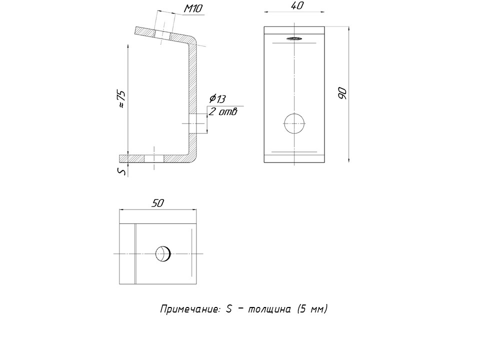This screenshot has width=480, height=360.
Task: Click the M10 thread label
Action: click(x=193, y=8)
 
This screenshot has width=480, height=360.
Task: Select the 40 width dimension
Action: click(x=296, y=5)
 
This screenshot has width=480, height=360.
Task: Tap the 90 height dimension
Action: click(x=342, y=93)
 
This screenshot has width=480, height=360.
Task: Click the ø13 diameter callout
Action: click(x=217, y=98)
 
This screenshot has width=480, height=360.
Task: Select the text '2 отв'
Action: click(x=223, y=111)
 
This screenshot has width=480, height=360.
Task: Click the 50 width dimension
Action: click(x=157, y=203)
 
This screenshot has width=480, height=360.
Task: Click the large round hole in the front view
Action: click(x=294, y=123)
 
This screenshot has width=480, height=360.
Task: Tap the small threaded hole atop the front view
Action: click(x=294, y=38)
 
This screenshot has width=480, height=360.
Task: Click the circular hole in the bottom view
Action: click(x=163, y=254)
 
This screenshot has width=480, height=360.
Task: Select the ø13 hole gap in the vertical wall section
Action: click(x=193, y=123)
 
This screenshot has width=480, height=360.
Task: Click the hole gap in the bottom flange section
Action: click(x=154, y=158)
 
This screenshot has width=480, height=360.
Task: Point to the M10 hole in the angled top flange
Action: click(x=162, y=35)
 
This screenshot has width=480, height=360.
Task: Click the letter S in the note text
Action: click(x=228, y=309)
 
